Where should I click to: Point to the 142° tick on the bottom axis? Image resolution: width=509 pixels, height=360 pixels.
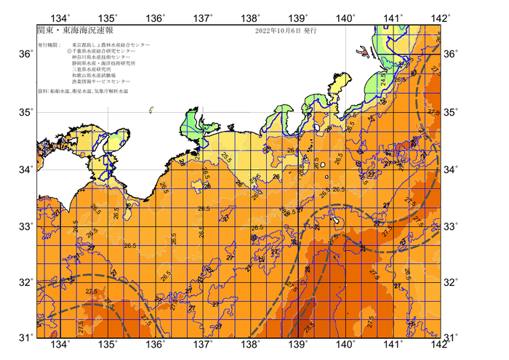441,345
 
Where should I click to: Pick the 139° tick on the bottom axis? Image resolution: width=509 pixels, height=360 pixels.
298,345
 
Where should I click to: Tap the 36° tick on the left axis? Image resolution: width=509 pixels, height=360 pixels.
25,55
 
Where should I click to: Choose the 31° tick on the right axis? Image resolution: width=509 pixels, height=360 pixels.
452,337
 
